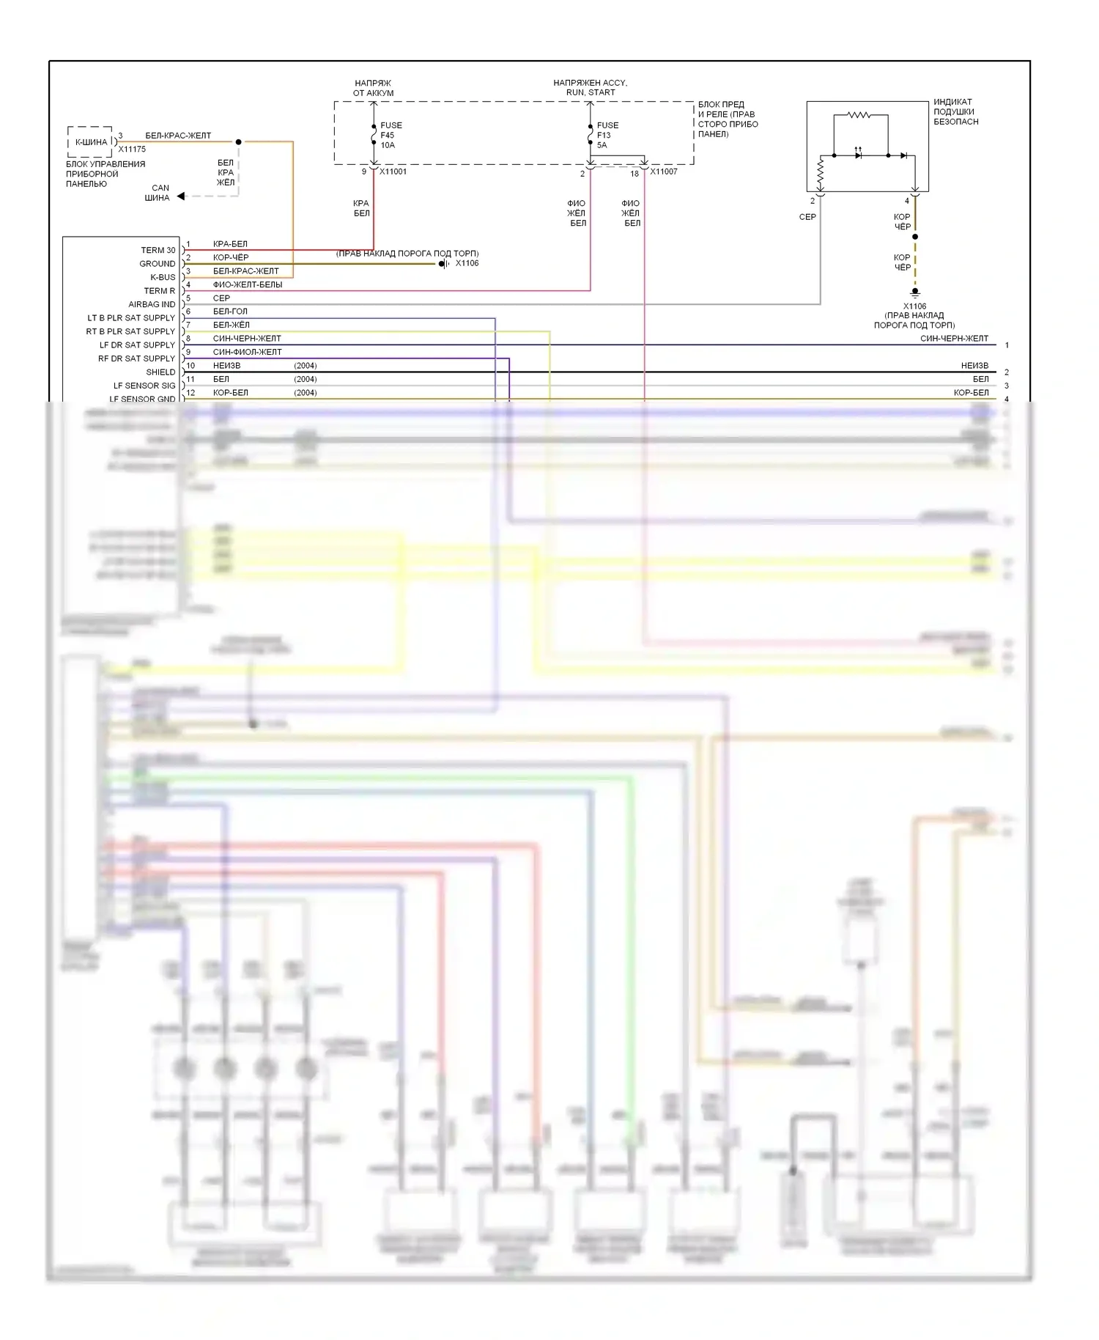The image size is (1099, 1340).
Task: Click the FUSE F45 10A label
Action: click(x=391, y=135)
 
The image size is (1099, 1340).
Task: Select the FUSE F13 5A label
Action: click(x=607, y=135)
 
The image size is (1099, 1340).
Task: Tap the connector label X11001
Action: click(x=393, y=172)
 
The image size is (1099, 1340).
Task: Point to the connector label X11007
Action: click(x=664, y=172)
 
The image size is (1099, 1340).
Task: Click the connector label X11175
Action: click(x=132, y=149)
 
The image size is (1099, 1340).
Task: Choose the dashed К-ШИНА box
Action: click(x=90, y=141)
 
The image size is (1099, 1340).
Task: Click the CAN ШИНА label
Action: click(x=158, y=193)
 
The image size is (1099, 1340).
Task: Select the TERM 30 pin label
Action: click(x=158, y=250)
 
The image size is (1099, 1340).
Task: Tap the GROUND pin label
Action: click(x=158, y=264)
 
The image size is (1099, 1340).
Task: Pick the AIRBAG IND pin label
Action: click(x=152, y=304)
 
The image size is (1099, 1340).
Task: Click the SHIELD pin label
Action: click(x=160, y=372)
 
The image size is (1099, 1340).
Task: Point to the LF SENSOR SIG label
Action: click(x=144, y=386)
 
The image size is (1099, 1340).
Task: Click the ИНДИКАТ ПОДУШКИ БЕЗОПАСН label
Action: click(x=955, y=112)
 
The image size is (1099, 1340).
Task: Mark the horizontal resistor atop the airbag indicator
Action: click(x=859, y=115)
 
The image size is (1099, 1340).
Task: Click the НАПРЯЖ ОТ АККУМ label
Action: click(x=374, y=89)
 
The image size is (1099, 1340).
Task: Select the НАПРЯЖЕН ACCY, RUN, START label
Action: click(x=591, y=88)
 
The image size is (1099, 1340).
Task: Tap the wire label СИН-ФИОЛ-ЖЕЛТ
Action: click(x=247, y=352)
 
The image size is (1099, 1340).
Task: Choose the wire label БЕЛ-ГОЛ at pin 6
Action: click(x=230, y=312)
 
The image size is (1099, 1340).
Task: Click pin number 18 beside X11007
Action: click(x=634, y=174)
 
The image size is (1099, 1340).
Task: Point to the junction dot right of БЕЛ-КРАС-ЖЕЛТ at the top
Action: click(x=238, y=141)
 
